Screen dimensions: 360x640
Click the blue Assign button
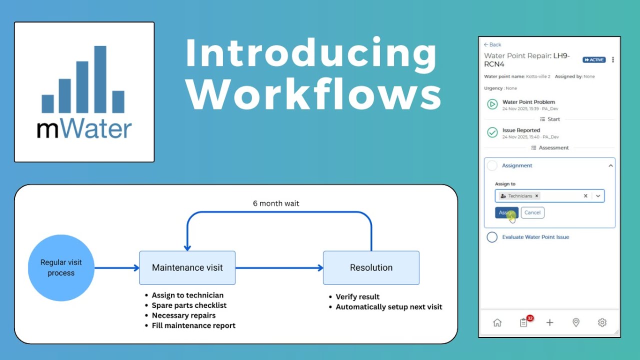506,212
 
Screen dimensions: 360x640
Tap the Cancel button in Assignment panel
532,212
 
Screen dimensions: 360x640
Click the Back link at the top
492,44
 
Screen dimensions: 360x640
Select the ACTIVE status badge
594,60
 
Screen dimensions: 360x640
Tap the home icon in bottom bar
497,322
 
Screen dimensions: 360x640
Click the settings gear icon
602,322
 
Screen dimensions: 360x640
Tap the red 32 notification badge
530,318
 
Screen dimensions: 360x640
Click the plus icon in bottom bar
549,322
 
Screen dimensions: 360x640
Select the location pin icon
576,322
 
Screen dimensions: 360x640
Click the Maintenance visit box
187,268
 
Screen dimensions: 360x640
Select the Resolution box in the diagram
371,268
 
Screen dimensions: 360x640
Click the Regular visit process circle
61,268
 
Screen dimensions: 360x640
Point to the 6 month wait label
276,203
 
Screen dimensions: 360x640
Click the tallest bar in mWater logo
100,79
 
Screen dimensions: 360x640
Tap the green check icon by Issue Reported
492,132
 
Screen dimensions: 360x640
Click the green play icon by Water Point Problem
492,104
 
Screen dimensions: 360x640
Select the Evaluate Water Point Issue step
535,237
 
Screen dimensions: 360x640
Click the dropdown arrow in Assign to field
598,196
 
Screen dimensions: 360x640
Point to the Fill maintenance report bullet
193,325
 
